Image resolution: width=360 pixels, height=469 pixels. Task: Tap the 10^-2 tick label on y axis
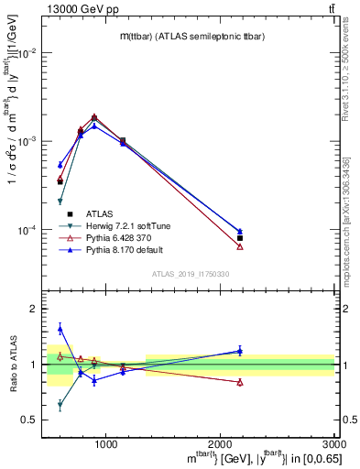28,53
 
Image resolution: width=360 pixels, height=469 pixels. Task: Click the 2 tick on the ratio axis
36,310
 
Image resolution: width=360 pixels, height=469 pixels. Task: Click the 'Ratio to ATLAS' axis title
13,364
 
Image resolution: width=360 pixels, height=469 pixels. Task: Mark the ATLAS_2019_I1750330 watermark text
191,275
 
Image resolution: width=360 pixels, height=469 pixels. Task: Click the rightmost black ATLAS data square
240,238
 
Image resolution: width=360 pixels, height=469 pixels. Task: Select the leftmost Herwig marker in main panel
60,202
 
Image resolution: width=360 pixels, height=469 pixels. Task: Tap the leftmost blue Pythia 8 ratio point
60,329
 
